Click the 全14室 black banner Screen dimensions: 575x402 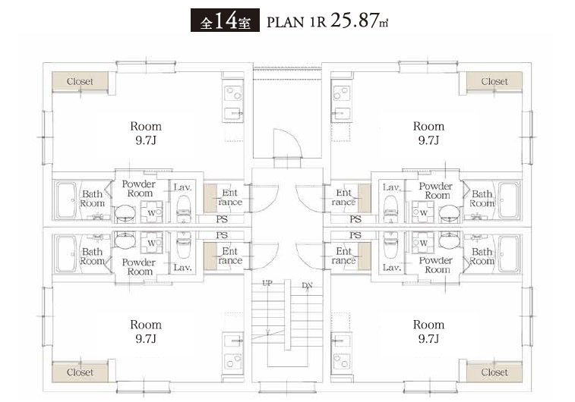[225, 20]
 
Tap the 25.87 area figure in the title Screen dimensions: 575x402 [354, 20]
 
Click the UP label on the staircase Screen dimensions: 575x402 [267, 283]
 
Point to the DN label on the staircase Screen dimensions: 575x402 [308, 285]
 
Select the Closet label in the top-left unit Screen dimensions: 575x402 [80, 82]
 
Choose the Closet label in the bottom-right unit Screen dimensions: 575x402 [494, 372]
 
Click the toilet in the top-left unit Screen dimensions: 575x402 [183, 208]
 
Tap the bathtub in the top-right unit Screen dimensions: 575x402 [510, 200]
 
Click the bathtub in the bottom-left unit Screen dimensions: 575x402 [66, 253]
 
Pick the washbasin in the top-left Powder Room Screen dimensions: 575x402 [125, 213]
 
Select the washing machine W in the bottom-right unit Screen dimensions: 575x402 [423, 243]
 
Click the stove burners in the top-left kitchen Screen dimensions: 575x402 [233, 93]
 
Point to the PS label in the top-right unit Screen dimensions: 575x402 [355, 219]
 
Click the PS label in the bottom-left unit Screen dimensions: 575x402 [222, 235]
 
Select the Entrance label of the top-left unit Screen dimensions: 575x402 [230, 197]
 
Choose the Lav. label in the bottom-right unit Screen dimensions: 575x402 [391, 268]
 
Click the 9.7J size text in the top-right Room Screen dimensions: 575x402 [428, 140]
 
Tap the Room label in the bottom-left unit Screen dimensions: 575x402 [146, 325]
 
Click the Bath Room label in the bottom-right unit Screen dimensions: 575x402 [482, 256]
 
